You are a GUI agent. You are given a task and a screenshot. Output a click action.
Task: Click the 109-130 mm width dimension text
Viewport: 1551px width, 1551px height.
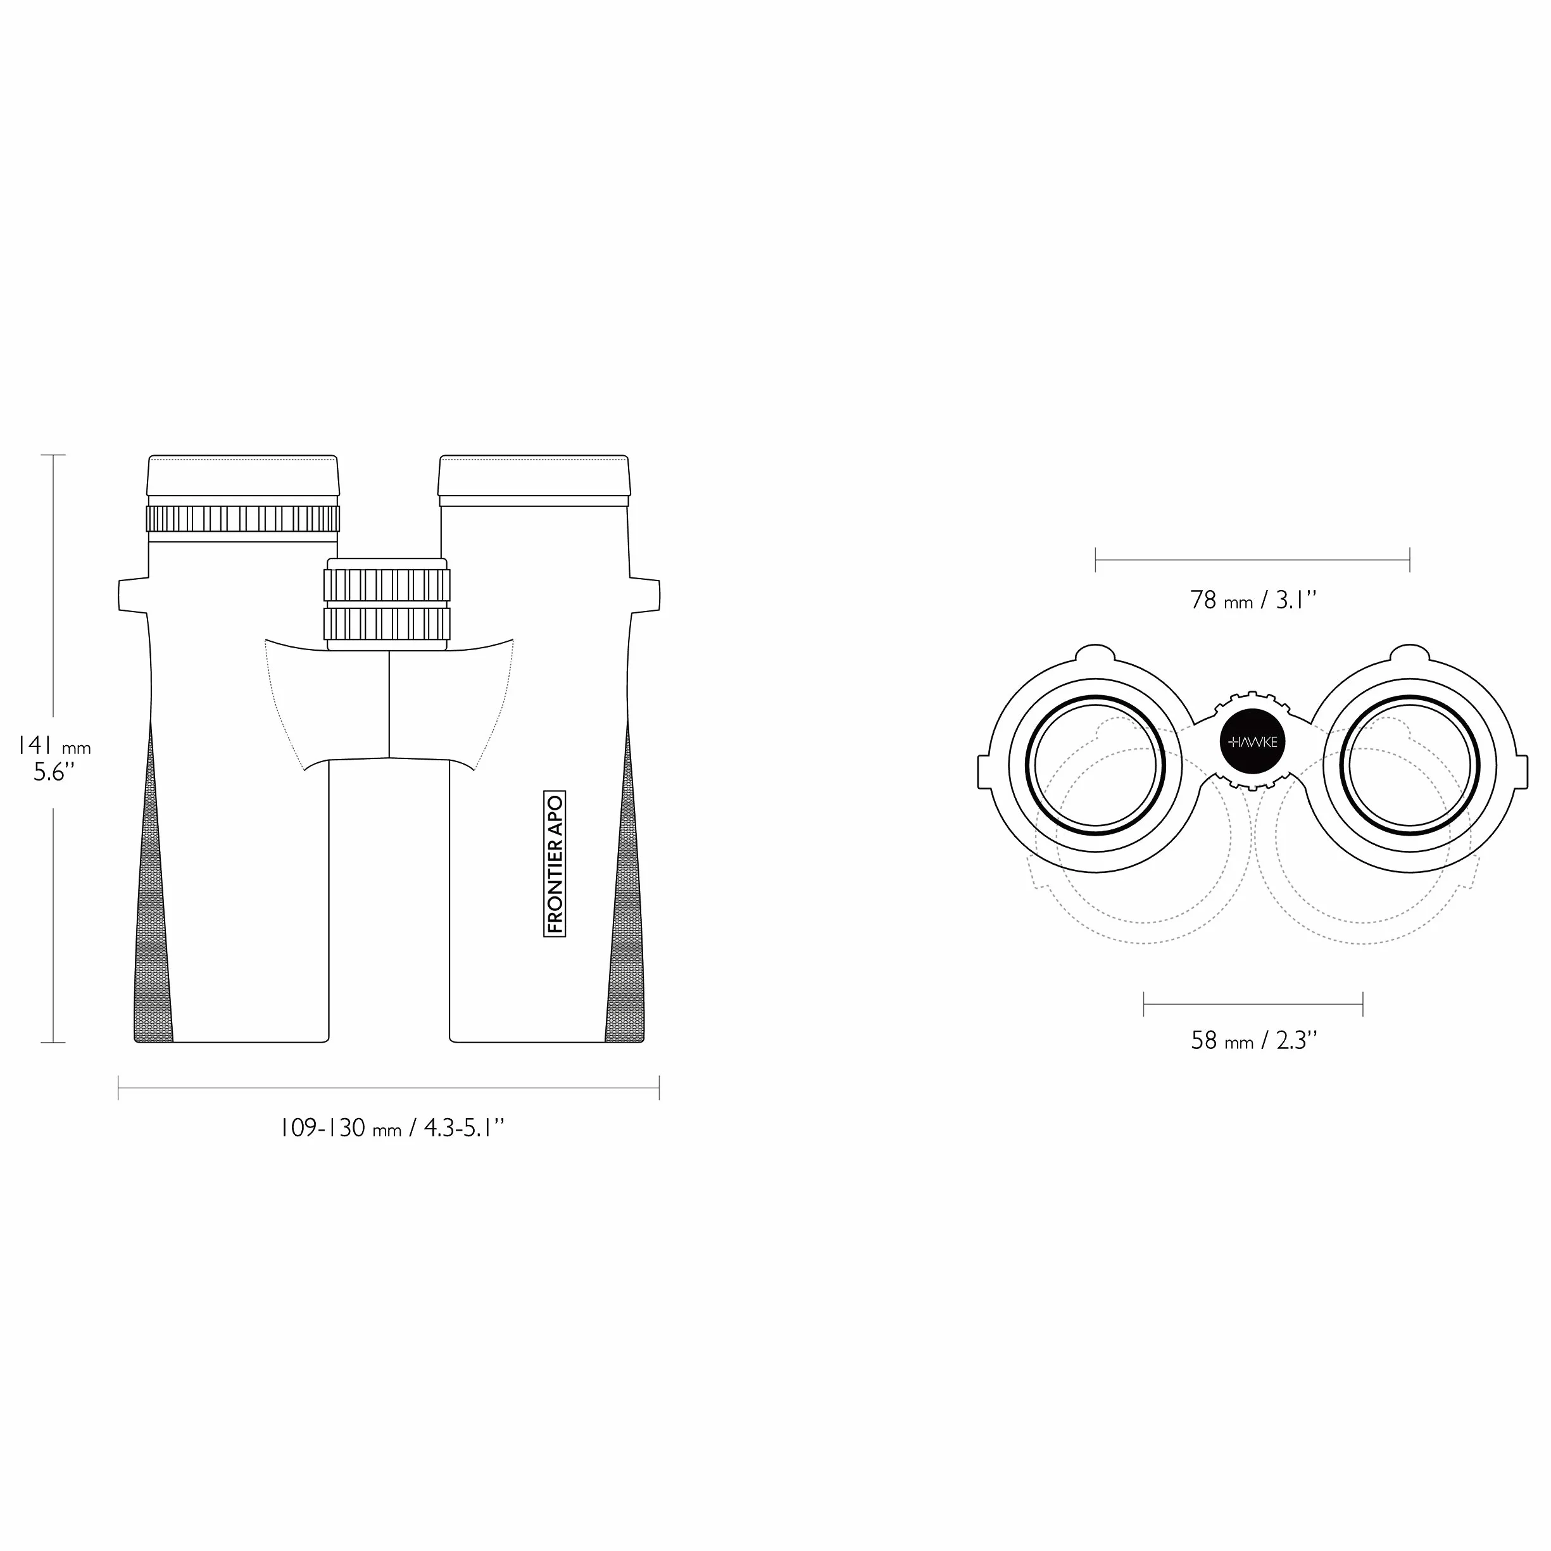coord(391,1128)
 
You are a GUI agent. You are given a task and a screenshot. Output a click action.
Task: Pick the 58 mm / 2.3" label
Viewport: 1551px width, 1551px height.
coord(1254,1041)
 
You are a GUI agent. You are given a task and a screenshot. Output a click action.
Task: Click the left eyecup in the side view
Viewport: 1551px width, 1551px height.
coord(242,476)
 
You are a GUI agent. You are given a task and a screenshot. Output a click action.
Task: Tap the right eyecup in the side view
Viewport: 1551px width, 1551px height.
coord(534,476)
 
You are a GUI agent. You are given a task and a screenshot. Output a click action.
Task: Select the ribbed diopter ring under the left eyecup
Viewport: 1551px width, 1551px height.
coord(242,518)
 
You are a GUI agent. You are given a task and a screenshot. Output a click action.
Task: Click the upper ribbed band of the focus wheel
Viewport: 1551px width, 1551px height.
coord(387,585)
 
